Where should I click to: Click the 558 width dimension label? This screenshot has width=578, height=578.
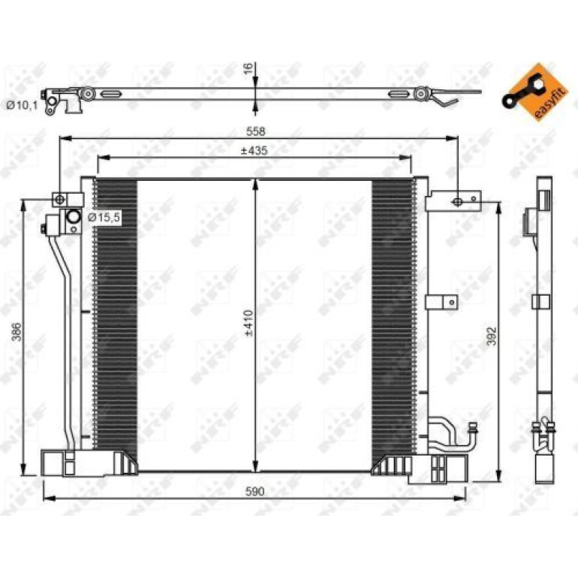click(255, 131)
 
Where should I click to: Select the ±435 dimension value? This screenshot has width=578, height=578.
click(254, 151)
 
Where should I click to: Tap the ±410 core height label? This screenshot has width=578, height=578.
click(249, 323)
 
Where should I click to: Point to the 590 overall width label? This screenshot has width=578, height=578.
click(255, 492)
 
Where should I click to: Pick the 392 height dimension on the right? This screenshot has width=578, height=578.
click(492, 336)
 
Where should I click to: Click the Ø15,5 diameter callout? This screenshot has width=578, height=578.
click(104, 218)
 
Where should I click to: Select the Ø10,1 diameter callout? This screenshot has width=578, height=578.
click(23, 105)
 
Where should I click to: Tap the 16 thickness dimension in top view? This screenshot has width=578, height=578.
click(249, 68)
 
